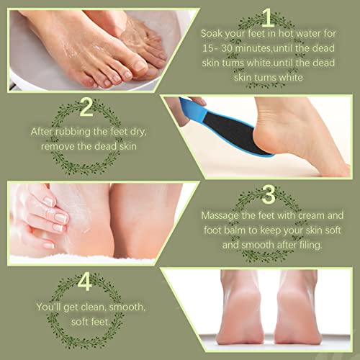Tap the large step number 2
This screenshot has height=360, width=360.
click(86, 108)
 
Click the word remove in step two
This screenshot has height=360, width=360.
click(60, 146)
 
